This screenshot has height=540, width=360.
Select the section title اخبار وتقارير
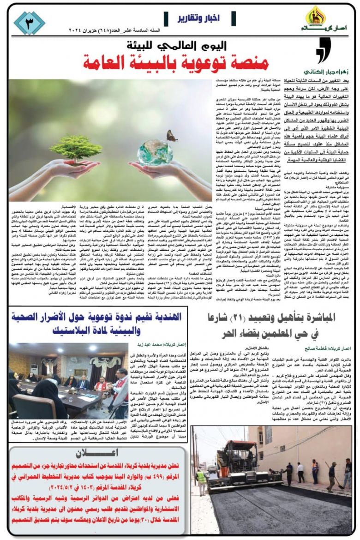(x=198, y=19)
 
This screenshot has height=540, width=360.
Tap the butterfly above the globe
(x=173, y=135)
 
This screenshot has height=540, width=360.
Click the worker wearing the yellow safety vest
(x=201, y=480)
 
